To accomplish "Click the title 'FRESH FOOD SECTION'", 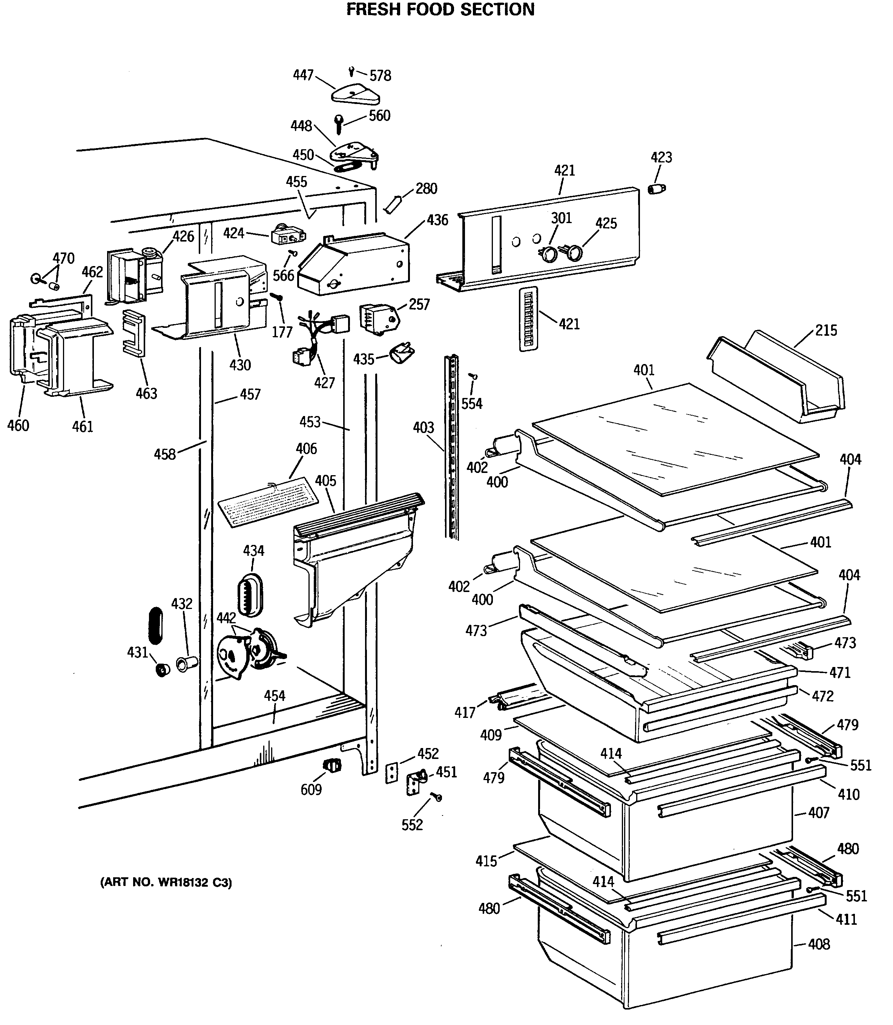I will [x=440, y=9].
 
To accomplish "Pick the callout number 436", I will [x=437, y=220].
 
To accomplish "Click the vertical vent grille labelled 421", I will [x=528, y=319].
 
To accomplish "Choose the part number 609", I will [x=311, y=789].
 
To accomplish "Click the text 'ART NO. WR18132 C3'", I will [x=166, y=883].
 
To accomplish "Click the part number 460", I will [x=18, y=425].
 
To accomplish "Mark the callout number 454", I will [x=275, y=696].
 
